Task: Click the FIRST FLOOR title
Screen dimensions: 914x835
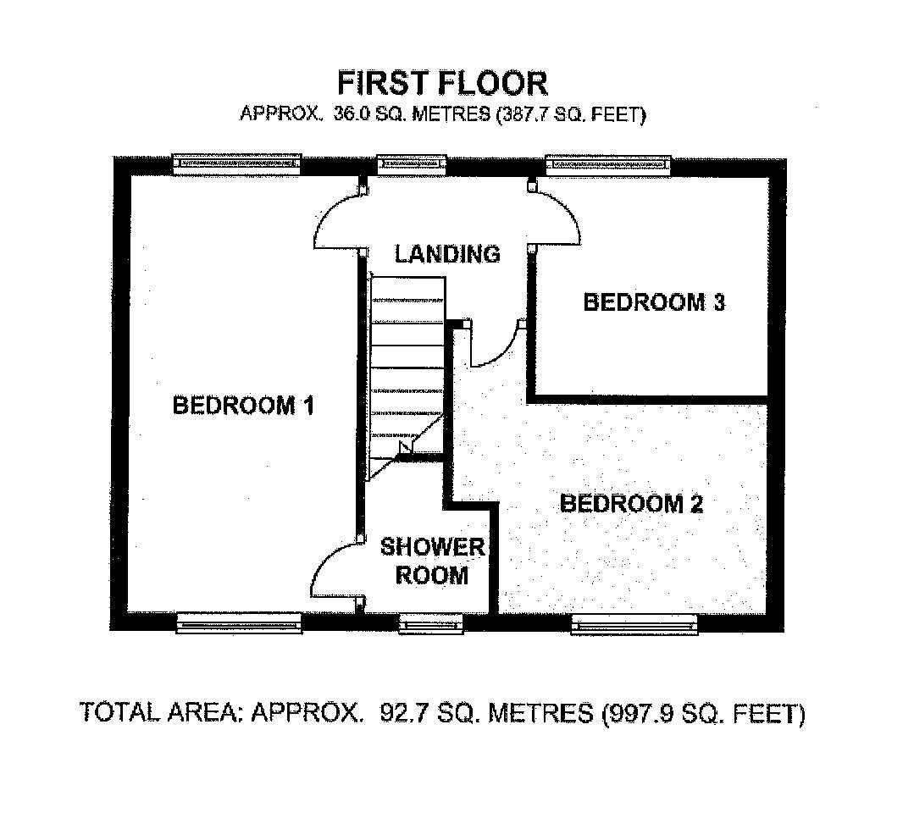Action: tap(443, 83)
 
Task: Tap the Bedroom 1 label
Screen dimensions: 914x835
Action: tap(244, 405)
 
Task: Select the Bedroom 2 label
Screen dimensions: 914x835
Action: tap(631, 503)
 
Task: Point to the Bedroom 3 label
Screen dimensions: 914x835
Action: tap(654, 302)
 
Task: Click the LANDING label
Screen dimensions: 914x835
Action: tap(447, 254)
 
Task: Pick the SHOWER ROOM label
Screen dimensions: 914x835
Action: tap(433, 561)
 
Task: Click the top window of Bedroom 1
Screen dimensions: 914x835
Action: tap(237, 164)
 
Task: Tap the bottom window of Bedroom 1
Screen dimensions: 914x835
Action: tap(239, 623)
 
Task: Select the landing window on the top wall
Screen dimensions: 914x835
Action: tap(412, 163)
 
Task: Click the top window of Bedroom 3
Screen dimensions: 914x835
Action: tap(608, 164)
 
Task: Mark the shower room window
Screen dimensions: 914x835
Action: tap(431, 623)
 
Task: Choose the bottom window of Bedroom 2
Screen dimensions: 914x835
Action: tap(634, 624)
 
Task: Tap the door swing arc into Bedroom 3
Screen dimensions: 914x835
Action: tap(568, 213)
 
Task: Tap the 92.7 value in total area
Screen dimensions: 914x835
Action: tap(398, 713)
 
